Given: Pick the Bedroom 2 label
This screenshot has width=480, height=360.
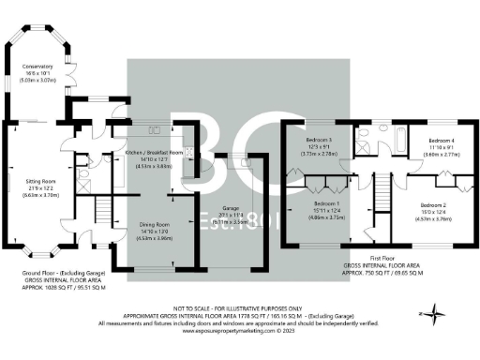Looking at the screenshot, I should tap(432, 204).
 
